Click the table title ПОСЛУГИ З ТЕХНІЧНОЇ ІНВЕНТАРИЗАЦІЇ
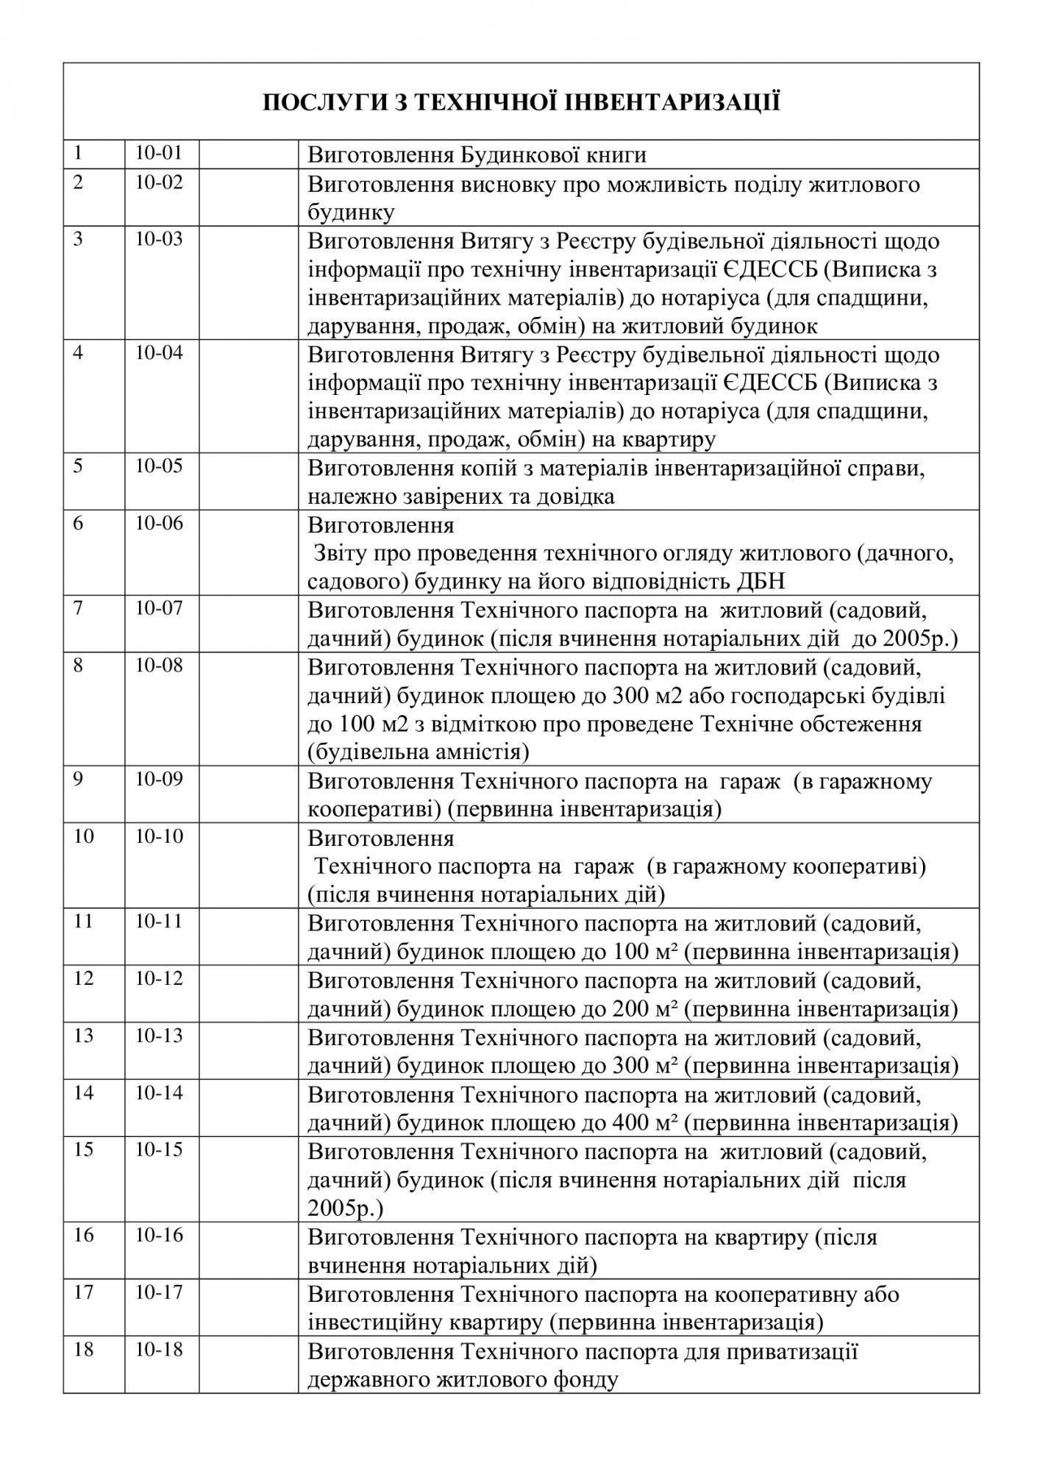pyautogui.click(x=521, y=102)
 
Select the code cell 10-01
pyautogui.click(x=158, y=153)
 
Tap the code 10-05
pyautogui.click(x=159, y=466)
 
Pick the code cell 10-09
pyautogui.click(x=159, y=779)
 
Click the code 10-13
pyautogui.click(x=159, y=1036)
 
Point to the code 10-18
pyautogui.click(x=159, y=1350)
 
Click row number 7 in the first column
pyautogui.click(x=78, y=608)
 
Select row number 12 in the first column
pyautogui.click(x=84, y=979)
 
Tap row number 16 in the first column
pyautogui.click(x=84, y=1235)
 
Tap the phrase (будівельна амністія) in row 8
pyautogui.click(x=419, y=752)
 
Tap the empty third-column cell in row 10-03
pyautogui.click(x=249, y=282)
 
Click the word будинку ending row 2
pyautogui.click(x=352, y=213)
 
